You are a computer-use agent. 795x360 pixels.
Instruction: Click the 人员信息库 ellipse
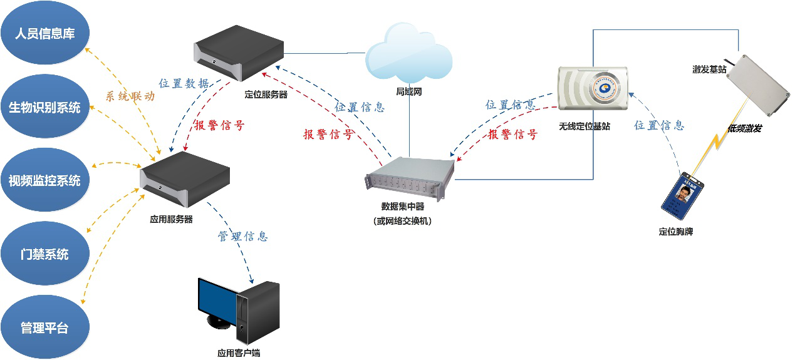(44, 34)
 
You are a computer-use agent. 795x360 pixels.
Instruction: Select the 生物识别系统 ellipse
(44, 108)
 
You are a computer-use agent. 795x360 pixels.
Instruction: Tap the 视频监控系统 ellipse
(44, 182)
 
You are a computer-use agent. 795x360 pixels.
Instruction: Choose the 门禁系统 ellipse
(44, 255)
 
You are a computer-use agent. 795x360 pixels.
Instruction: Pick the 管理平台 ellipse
(44, 328)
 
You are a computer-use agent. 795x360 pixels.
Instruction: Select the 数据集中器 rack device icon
(411, 178)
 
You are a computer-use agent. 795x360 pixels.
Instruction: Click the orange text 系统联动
(130, 97)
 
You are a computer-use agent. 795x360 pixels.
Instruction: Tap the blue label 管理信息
(242, 236)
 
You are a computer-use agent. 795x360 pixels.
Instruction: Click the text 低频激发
(745, 128)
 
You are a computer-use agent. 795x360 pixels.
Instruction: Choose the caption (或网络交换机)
(402, 220)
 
